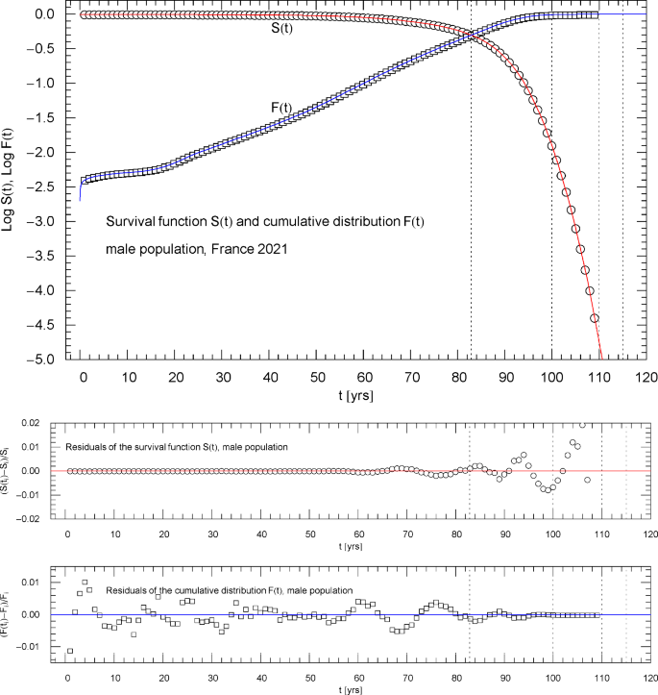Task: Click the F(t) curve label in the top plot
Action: click(x=280, y=108)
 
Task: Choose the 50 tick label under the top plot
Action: click(x=318, y=377)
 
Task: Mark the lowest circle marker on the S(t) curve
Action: click(x=595, y=317)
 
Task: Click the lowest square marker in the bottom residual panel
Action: click(x=68, y=651)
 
